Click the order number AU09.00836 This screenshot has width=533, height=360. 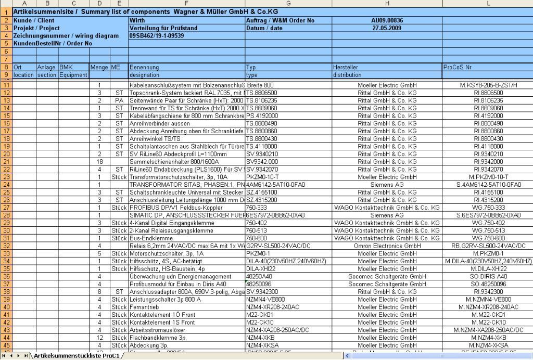(x=387, y=20)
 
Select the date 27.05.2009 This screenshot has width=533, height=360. (x=387, y=28)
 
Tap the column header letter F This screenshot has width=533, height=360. (x=186, y=4)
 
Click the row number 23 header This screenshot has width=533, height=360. (x=6, y=185)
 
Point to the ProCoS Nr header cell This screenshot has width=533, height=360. (x=458, y=67)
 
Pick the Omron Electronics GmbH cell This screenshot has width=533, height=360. (x=387, y=246)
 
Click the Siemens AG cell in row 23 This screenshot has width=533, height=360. (x=387, y=185)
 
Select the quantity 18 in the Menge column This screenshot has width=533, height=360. (x=99, y=162)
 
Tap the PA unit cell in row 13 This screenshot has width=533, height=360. (x=119, y=100)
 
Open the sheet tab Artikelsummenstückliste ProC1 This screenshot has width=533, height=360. (x=77, y=356)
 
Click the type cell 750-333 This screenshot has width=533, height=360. (x=256, y=208)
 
